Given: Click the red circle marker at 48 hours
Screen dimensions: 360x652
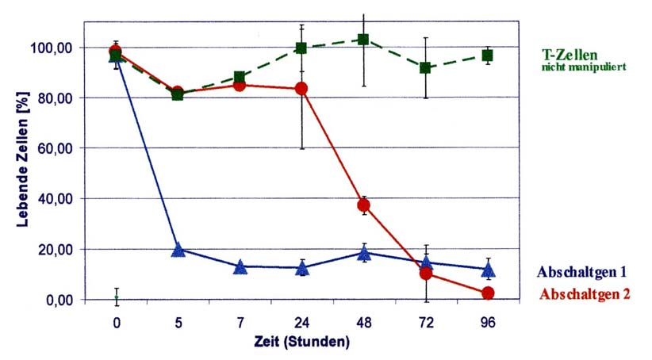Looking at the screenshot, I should coord(364,205).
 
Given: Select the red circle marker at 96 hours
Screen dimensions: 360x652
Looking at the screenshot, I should coord(488,293).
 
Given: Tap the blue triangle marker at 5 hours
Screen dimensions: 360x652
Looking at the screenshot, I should coord(178,250).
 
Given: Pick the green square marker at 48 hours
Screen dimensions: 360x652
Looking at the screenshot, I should coord(363,40).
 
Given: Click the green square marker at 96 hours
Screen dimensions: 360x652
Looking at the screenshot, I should coord(488,56).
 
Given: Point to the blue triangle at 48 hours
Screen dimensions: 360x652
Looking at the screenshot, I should coord(364,254).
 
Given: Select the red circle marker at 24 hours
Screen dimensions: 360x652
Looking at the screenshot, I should coord(301,88).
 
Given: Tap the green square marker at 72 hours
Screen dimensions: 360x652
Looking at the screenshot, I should coord(426,68).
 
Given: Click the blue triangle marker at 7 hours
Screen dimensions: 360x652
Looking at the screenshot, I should coord(240,267).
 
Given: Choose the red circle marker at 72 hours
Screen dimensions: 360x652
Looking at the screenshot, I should coord(426,274).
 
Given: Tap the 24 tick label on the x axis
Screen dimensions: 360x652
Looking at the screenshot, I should coord(301,324).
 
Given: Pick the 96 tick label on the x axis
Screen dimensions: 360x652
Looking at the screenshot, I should coord(488,324).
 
